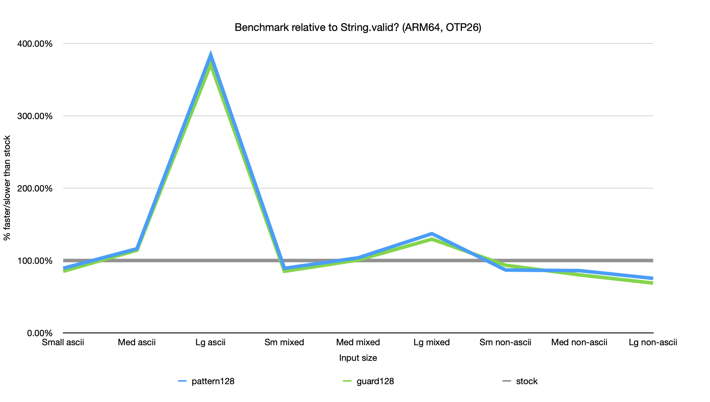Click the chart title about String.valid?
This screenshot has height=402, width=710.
point(358,27)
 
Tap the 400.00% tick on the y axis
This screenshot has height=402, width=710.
point(35,44)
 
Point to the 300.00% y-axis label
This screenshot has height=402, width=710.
point(35,116)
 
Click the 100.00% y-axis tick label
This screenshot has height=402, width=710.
point(35,261)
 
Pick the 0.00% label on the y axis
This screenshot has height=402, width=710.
point(40,333)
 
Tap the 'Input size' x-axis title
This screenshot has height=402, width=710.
point(358,358)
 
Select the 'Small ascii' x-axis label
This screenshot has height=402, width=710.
point(63,342)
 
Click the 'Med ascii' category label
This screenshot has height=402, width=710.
point(137,342)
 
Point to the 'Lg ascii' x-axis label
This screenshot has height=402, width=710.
point(210,342)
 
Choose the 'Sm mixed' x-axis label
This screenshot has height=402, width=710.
point(284,342)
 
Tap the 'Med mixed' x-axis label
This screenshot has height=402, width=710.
point(358,342)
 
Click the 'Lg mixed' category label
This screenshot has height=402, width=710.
point(431,342)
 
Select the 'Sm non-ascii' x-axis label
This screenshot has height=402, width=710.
point(505,342)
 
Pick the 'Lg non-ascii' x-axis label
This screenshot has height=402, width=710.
point(653,342)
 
